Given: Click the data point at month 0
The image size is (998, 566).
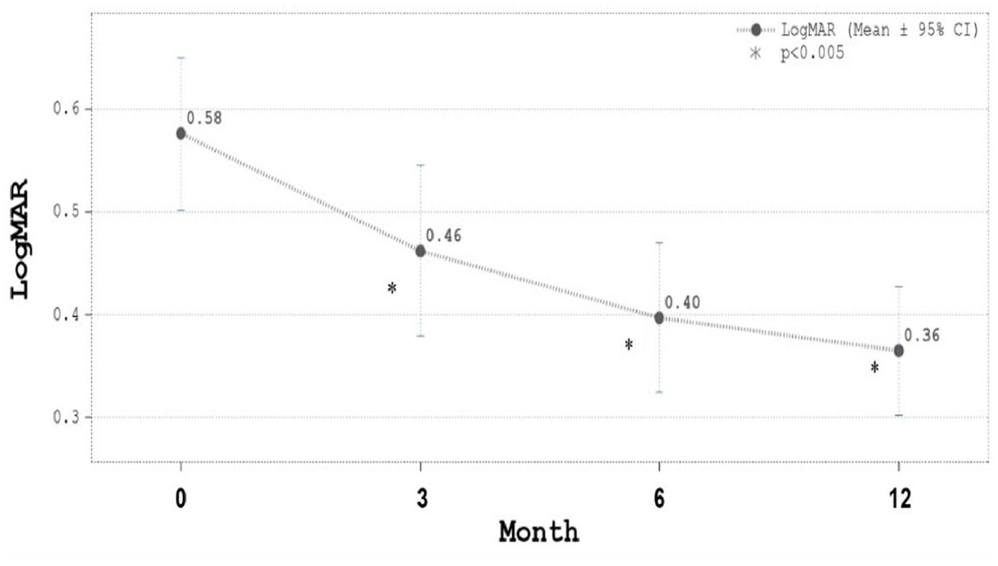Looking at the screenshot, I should pyautogui.click(x=181, y=133).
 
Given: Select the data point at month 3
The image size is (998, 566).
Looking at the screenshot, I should pyautogui.click(x=420, y=251).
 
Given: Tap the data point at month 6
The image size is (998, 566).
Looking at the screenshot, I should pyautogui.click(x=659, y=317).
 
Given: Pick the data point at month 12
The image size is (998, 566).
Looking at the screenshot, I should pyautogui.click(x=899, y=350).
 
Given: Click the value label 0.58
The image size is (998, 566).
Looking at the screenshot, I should pyautogui.click(x=204, y=118).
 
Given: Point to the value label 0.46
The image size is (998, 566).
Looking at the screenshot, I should pyautogui.click(x=444, y=236).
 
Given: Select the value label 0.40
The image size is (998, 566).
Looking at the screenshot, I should pyautogui.click(x=682, y=303).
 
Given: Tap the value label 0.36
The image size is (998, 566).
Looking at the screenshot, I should pyautogui.click(x=922, y=335).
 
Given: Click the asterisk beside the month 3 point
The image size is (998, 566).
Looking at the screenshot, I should pyautogui.click(x=392, y=288).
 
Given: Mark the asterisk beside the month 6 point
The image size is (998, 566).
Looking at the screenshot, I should pyautogui.click(x=629, y=345).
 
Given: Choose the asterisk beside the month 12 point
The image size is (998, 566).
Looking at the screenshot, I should pyautogui.click(x=875, y=367).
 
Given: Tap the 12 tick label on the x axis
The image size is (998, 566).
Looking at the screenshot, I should pyautogui.click(x=899, y=498).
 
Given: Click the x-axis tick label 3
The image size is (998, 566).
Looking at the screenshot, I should pyautogui.click(x=420, y=498).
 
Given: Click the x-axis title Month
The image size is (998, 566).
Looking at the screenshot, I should pyautogui.click(x=539, y=532).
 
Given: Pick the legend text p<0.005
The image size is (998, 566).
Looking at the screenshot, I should pyautogui.click(x=811, y=54).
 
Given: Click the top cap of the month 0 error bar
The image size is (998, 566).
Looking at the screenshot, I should pyautogui.click(x=181, y=57).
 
